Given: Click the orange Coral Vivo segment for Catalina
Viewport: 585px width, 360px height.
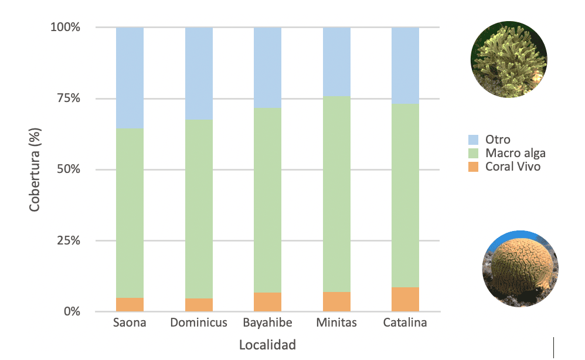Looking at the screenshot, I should [x=405, y=299].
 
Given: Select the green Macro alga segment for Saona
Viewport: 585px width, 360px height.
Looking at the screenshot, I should [x=130, y=213].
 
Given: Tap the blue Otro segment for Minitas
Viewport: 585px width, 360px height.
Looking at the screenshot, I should [x=336, y=61].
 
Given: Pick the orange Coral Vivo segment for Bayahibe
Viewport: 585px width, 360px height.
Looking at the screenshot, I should [x=267, y=301].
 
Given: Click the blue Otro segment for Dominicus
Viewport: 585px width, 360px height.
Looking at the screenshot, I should [x=199, y=73].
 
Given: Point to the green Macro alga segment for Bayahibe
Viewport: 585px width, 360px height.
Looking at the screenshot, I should [x=267, y=199].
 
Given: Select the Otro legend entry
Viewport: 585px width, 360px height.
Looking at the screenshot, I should [x=497, y=140].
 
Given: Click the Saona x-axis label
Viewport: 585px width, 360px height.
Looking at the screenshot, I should [x=130, y=323].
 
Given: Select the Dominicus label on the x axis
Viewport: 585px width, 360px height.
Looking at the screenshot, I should [x=199, y=323].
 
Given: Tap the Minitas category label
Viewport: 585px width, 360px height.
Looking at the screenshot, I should [x=336, y=323].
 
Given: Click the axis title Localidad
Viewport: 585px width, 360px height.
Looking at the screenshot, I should [x=267, y=345].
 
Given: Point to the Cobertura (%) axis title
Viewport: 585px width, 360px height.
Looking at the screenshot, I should [x=35, y=170].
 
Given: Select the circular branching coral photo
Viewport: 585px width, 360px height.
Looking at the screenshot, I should [x=509, y=61].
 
